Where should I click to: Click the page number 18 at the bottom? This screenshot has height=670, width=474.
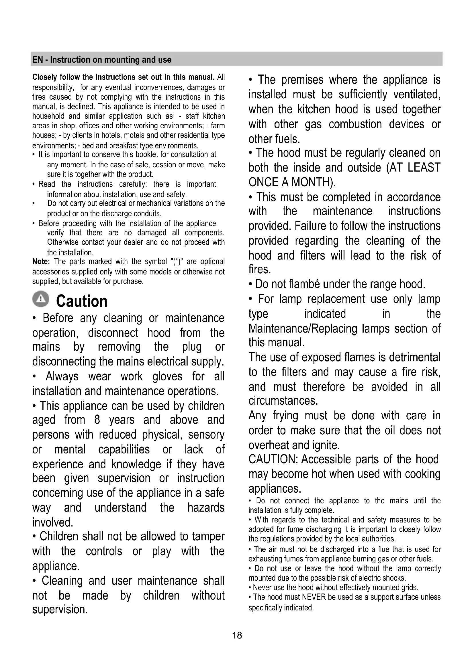coord(237,635)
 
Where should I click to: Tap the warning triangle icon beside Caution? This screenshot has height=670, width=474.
coord(41,299)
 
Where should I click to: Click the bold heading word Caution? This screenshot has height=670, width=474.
coord(82,301)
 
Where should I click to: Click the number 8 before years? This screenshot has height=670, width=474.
coord(97,420)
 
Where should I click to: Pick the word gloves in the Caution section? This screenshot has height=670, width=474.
coord(167,376)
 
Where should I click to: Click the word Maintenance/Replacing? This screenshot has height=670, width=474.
coord(303,329)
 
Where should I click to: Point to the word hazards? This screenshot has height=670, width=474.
coord(206,508)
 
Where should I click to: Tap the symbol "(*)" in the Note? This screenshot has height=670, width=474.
coord(176,262)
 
